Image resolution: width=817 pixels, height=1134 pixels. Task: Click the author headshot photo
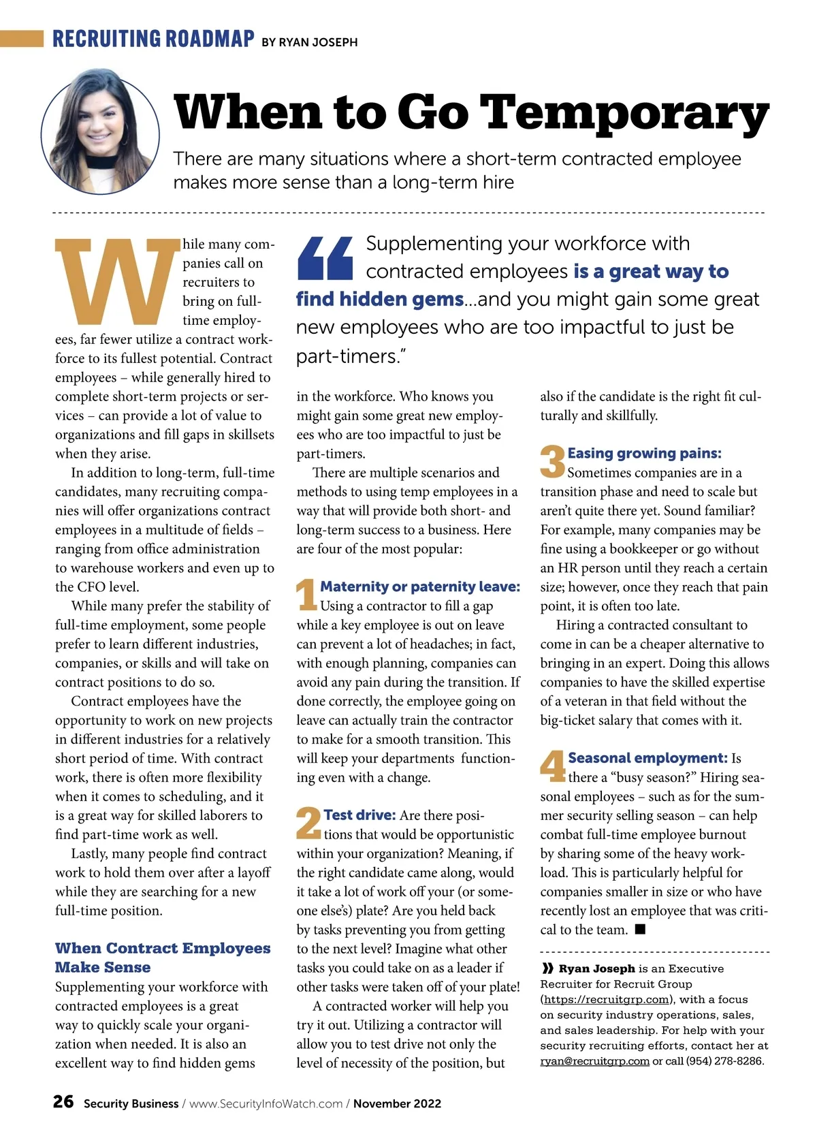point(100,131)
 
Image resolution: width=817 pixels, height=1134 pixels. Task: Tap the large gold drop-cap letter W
point(116,281)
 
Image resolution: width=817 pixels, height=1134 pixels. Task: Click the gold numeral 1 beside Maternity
point(306,595)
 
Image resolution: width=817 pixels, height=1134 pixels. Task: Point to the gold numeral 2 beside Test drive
point(308,822)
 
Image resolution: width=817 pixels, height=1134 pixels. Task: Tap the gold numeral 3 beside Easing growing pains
point(552,461)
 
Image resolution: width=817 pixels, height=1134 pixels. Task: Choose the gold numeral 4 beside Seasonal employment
point(552,766)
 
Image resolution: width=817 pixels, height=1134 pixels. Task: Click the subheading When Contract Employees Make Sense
point(163,957)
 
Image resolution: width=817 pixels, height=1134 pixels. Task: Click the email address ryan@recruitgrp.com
point(594,1061)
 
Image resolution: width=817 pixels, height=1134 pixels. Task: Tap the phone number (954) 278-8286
point(725,1061)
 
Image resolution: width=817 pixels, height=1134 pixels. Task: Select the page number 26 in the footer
point(63,1101)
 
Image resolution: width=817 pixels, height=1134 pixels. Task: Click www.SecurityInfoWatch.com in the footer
point(266,1103)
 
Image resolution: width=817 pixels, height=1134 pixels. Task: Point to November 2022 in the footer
point(397,1103)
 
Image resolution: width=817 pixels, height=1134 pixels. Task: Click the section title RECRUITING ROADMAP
point(154,39)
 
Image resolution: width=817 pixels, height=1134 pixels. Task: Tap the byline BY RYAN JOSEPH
point(310,42)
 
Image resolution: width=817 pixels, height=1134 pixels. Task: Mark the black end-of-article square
point(639,929)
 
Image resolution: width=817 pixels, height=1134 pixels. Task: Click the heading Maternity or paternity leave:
point(420,586)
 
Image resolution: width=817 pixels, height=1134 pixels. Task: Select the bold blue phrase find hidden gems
point(380,299)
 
